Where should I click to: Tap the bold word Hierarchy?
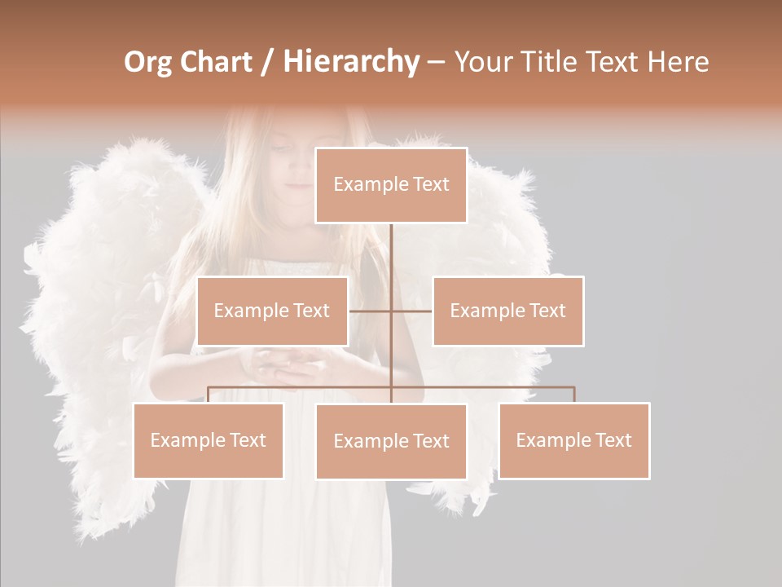(351, 63)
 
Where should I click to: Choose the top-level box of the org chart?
(391, 185)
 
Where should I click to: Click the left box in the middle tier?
(272, 311)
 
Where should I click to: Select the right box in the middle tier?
(507, 311)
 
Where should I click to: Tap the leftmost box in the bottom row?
(208, 440)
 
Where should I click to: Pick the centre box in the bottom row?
(391, 441)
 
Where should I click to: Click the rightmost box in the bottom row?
(573, 440)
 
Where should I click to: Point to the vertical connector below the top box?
(391, 253)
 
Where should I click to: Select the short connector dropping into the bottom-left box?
(208, 395)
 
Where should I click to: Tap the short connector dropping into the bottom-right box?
(574, 395)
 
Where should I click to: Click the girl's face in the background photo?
(297, 163)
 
